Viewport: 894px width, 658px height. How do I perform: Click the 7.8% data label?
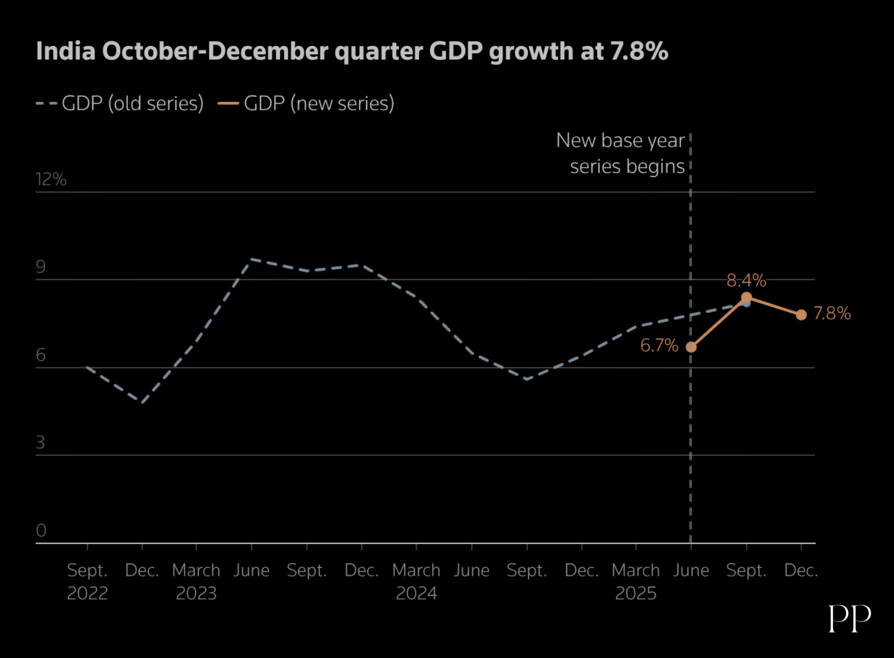pyautogui.click(x=832, y=314)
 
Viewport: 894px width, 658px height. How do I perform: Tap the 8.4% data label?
pyautogui.click(x=746, y=280)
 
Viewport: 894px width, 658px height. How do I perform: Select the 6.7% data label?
pyautogui.click(x=659, y=346)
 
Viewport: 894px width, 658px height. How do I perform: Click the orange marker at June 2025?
pyautogui.click(x=691, y=347)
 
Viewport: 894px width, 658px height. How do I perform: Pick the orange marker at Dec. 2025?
pyautogui.click(x=801, y=315)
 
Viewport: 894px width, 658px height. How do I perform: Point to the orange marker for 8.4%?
pyautogui.click(x=746, y=297)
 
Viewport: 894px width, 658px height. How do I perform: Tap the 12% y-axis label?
pyautogui.click(x=51, y=179)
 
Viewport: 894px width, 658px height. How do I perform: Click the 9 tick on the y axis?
pyautogui.click(x=41, y=266)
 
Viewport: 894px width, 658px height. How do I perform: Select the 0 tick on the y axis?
pyautogui.click(x=41, y=530)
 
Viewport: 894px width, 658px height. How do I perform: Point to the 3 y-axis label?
pyautogui.click(x=41, y=442)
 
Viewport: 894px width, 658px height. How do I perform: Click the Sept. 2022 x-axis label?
pyautogui.click(x=87, y=581)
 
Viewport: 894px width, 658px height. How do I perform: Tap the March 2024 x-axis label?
pyautogui.click(x=416, y=581)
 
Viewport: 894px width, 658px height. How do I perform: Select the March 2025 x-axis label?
pyautogui.click(x=635, y=581)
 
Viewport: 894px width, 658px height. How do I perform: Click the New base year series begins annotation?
pyautogui.click(x=620, y=153)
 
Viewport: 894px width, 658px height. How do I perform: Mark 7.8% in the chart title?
pyautogui.click(x=639, y=52)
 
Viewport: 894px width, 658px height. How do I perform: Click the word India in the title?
pyautogui.click(x=66, y=52)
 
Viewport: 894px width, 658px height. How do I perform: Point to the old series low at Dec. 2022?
pyautogui.click(x=142, y=403)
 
